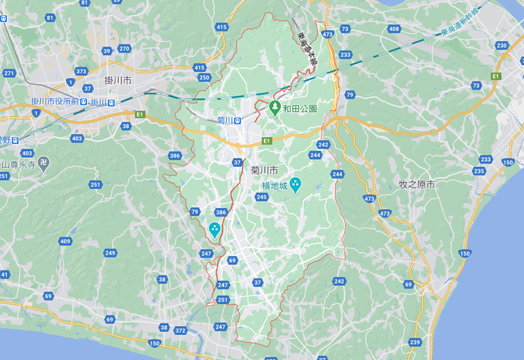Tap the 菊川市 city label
pos(265,170)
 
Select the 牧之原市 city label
pos(417,185)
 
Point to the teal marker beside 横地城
pos(295,185)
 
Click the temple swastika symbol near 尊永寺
pos(43,162)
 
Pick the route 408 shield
pos(394,29)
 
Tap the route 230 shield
pos(502,45)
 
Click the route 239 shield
pos(415,342)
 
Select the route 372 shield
pos(180,331)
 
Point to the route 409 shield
pos(65,242)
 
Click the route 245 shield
pos(262,197)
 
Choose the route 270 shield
pos(124,49)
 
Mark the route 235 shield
pos(479,171)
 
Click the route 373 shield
pos(81,71)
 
